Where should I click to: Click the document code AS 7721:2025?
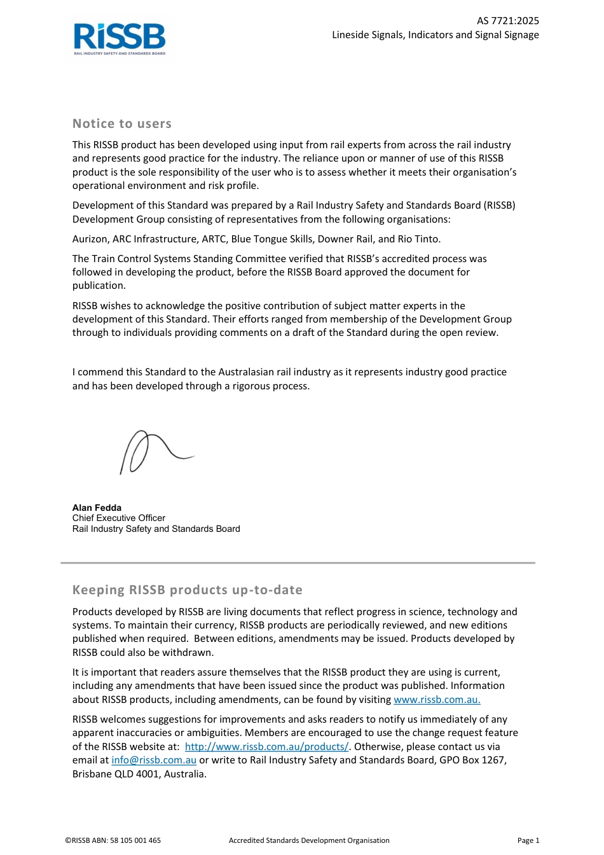click(x=507, y=21)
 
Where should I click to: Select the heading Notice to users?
click(x=122, y=124)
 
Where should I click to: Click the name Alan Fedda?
click(x=97, y=508)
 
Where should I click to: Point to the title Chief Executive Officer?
click(x=119, y=518)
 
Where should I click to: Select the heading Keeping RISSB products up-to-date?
click(x=188, y=590)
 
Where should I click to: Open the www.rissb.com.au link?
click(x=437, y=700)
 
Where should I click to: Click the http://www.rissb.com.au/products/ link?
click(x=266, y=747)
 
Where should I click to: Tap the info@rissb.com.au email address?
click(x=154, y=760)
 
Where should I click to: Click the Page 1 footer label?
click(x=528, y=840)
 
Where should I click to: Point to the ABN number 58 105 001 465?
click(x=135, y=840)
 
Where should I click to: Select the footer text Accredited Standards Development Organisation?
click(x=309, y=840)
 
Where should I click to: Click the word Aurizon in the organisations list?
click(x=90, y=239)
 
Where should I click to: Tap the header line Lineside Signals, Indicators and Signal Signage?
click(x=435, y=35)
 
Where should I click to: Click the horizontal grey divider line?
click(x=298, y=563)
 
